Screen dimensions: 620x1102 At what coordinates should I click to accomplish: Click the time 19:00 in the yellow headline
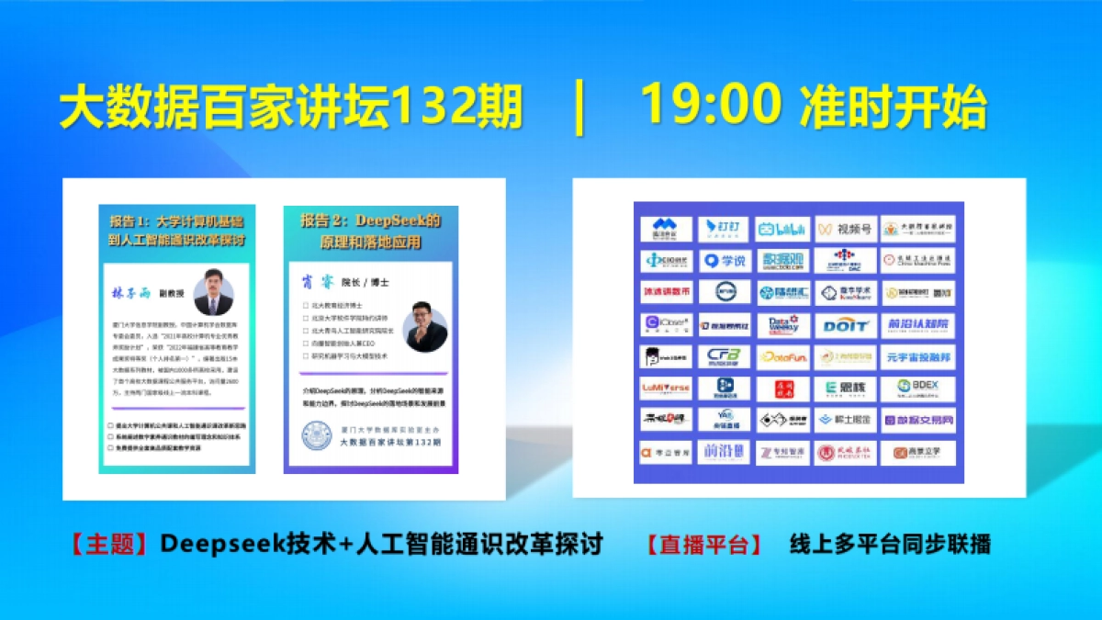tap(710, 106)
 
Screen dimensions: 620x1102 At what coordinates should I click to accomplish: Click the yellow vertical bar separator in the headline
tap(579, 108)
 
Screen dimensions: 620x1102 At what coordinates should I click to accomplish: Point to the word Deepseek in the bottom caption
tap(210, 544)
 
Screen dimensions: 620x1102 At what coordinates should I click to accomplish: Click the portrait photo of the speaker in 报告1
tap(214, 291)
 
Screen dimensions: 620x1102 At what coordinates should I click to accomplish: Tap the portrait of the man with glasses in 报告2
tap(425, 326)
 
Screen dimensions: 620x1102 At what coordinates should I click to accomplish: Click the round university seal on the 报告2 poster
tap(319, 436)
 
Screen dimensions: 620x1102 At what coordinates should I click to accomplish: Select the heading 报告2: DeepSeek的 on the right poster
tap(371, 221)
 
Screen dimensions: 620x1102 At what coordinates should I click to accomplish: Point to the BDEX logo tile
tap(905, 388)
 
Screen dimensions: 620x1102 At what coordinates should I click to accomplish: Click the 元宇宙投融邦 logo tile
tap(905, 356)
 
